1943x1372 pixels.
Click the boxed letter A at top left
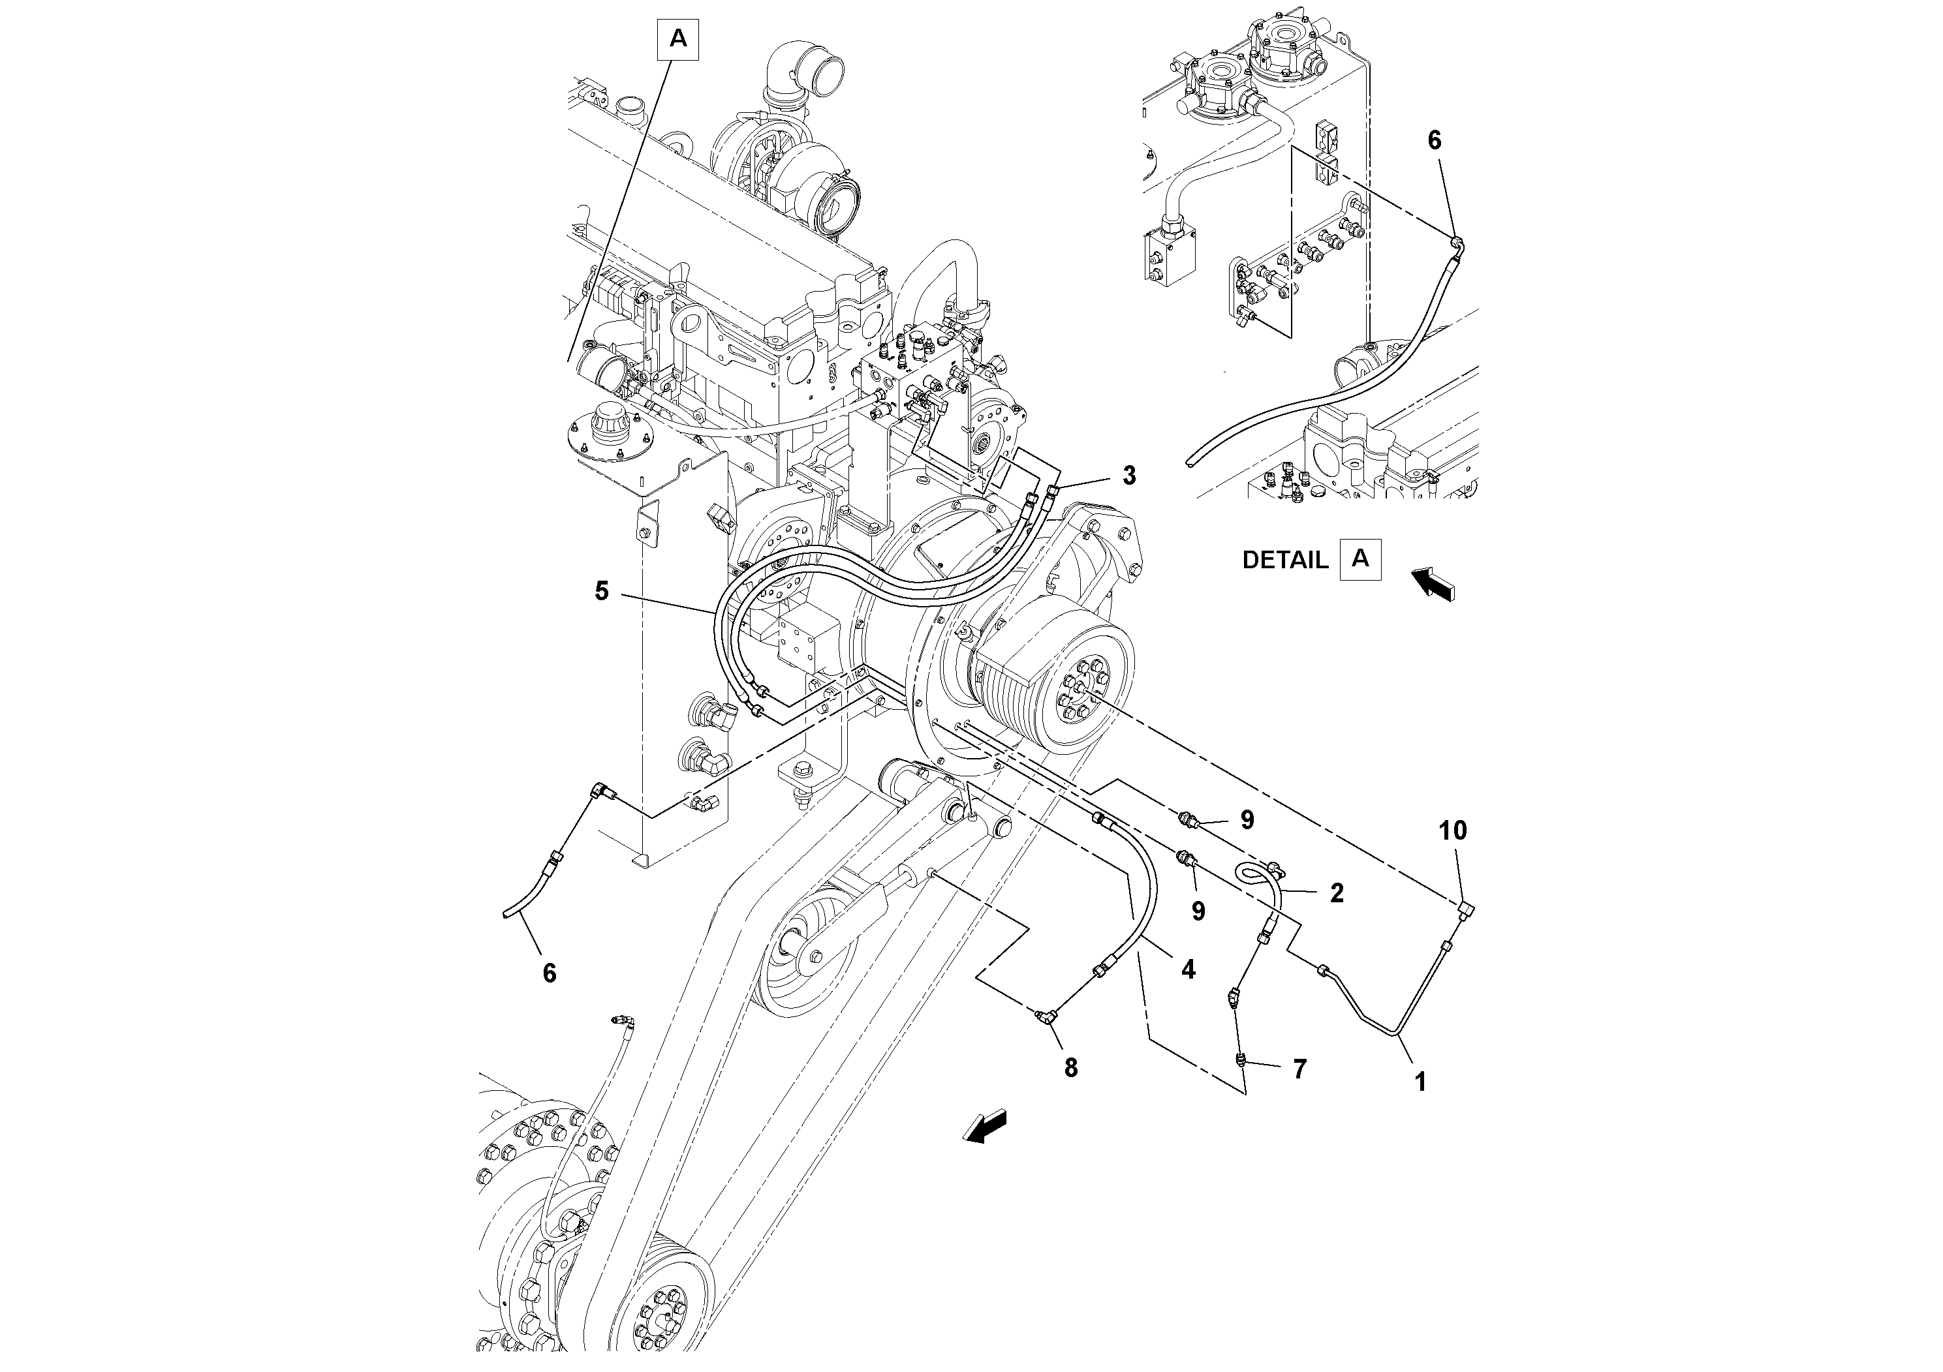pos(678,39)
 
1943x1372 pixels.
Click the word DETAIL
pos(1284,560)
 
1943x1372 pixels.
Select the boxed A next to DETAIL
pos(1360,558)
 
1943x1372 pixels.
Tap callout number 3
pos(1129,476)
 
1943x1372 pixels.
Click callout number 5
pos(602,591)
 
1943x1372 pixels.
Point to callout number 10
pos(1453,831)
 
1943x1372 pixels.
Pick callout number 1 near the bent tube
pos(1421,1081)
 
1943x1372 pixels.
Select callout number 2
pos(1336,892)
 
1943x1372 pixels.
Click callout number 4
pos(1188,970)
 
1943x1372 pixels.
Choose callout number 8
pos(1070,1069)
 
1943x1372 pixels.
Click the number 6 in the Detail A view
pos(1435,140)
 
